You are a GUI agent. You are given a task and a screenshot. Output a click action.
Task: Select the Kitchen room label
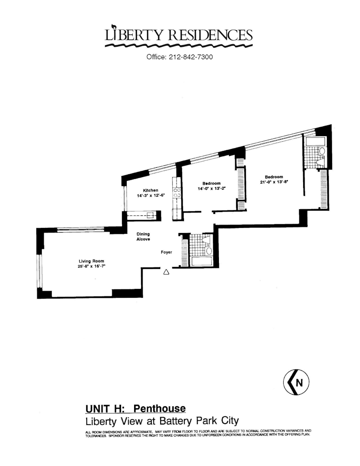(150, 190)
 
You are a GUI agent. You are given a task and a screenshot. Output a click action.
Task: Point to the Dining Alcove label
(143, 237)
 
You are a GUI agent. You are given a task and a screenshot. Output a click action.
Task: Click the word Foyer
(166, 252)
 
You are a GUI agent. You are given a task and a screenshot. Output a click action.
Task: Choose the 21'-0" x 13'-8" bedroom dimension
(274, 182)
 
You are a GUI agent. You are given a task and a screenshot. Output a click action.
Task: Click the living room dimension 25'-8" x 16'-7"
(91, 267)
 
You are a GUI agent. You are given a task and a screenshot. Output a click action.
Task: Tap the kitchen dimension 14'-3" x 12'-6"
(150, 196)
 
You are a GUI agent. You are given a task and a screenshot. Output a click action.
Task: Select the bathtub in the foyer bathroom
(202, 261)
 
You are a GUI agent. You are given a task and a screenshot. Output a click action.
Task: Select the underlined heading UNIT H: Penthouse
(136, 409)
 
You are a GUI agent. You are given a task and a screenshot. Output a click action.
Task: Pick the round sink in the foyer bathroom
(209, 251)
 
